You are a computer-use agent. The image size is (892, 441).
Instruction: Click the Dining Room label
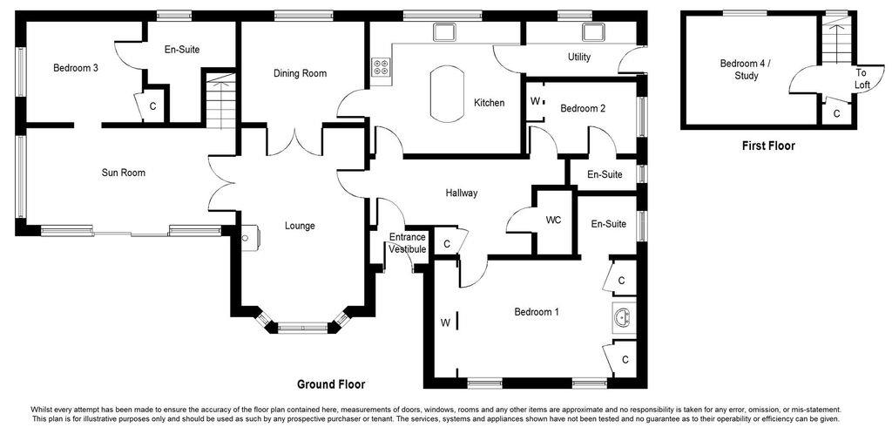coord(300,73)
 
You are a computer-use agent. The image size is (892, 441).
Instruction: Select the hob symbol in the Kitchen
coord(381,68)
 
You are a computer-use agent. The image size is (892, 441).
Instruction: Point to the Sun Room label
coord(123,173)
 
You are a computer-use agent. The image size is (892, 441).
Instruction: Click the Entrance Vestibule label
coord(407,243)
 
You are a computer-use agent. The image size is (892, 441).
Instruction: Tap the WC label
coord(554,220)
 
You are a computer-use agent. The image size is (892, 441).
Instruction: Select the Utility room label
coord(578,58)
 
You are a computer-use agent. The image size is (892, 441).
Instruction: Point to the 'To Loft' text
coord(861,79)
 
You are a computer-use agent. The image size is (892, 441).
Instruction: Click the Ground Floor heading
coord(331,384)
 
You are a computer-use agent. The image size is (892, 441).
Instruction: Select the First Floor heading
coord(768,146)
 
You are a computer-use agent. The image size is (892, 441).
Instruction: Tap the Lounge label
coord(300,226)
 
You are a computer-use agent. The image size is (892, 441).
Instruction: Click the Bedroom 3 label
coord(75,68)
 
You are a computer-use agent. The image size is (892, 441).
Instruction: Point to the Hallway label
coord(461,193)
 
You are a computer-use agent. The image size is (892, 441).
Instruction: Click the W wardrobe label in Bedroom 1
coord(444,322)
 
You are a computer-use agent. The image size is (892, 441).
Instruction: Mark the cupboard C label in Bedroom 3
coord(152,106)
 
